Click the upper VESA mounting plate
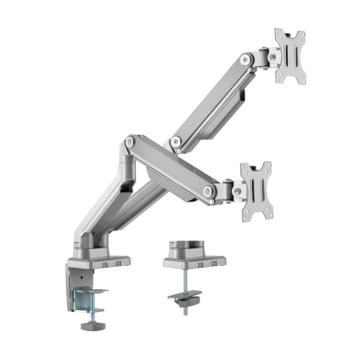click(x=289, y=55)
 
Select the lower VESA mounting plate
click(x=256, y=189)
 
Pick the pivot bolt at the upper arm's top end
click(x=246, y=60)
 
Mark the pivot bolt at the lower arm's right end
click(x=210, y=191)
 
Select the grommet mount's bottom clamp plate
click(x=184, y=296)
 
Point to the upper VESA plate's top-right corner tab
click(x=302, y=33)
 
